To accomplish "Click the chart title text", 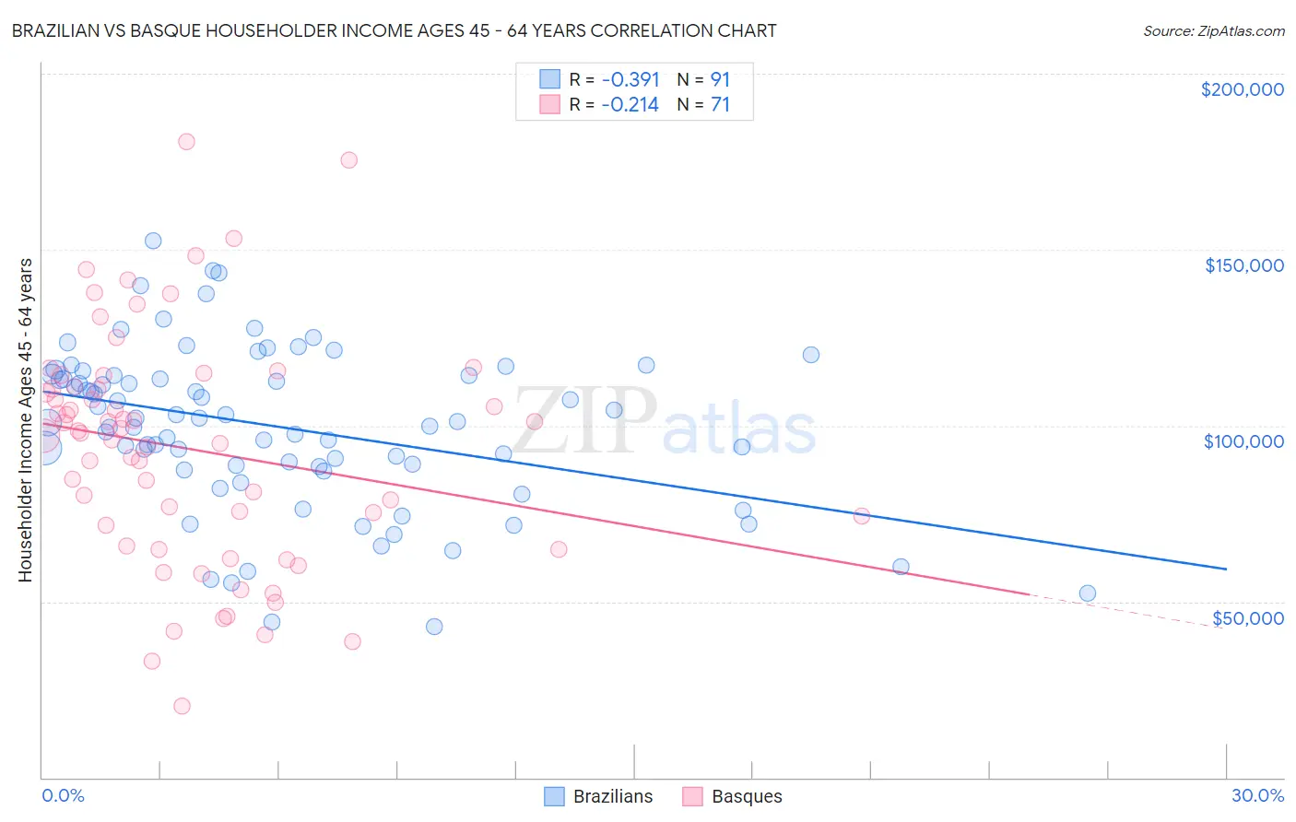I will pos(394,30).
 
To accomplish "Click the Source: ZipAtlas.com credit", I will pos(1213,30).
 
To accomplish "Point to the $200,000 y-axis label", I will pos(1242,89).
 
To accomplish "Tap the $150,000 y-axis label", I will pos(1243,265).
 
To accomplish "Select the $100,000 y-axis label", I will pos(1243,441).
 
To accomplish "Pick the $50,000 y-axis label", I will pos(1247,617).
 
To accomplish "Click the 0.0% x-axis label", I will pos(63,795).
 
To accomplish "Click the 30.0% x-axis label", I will pos(1257,795).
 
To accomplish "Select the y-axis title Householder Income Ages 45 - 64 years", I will pos(25,419).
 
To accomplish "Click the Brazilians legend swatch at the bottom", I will pos(554,796).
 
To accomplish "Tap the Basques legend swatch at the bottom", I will pos(692,796).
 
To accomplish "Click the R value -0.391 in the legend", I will pos(630,80).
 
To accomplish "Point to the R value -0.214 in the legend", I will pos(630,105).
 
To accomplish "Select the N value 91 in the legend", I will pos(720,80).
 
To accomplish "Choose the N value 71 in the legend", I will pos(720,105).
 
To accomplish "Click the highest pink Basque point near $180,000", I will pos(186,142).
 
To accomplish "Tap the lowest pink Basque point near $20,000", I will pos(182,706).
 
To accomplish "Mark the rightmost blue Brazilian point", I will pos(1087,593).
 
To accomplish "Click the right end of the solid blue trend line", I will pos(1226,570).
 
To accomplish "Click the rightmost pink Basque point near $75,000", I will pos(861,516).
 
